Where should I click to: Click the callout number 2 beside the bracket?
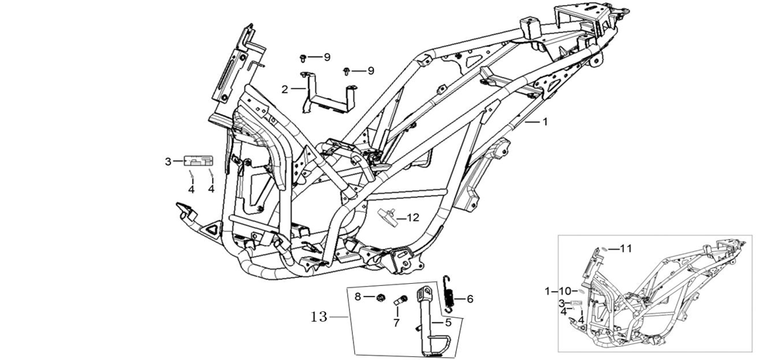coord(285,89)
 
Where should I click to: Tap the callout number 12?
coord(412,217)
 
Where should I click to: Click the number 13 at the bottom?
coord(319,316)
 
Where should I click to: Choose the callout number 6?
coord(469,298)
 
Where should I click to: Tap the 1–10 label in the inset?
coord(558,290)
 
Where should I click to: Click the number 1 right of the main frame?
coord(545,123)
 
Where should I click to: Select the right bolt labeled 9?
coord(348,70)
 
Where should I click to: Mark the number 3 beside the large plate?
coord(168,160)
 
